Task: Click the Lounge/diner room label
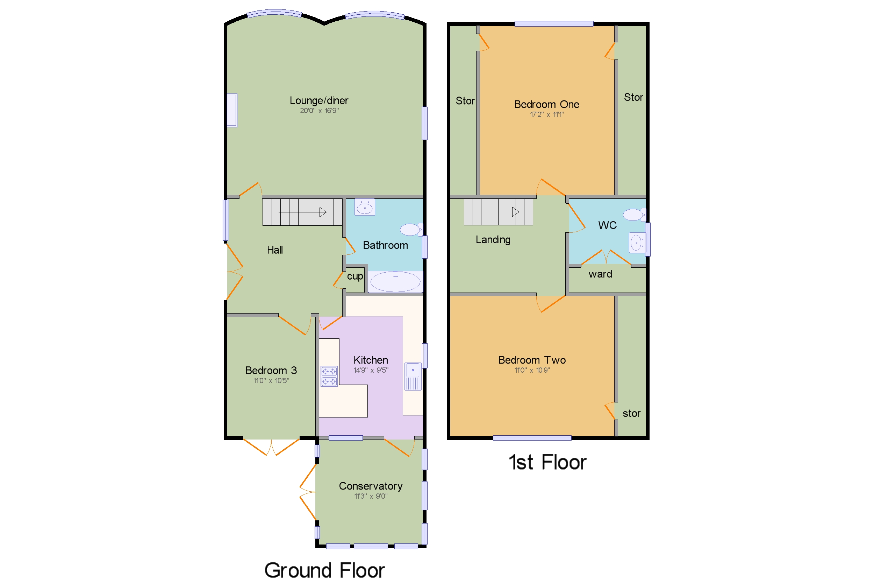pos(319,100)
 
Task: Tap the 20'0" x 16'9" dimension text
pos(319,111)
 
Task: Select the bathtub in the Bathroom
pos(395,281)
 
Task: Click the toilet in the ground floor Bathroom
pos(410,230)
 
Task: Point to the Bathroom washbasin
pos(364,208)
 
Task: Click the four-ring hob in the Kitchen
pos(329,376)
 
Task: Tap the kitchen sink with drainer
pos(412,376)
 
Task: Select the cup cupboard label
pos(355,276)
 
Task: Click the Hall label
pos(275,250)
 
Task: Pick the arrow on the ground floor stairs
pos(322,212)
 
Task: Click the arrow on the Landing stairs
pos(515,212)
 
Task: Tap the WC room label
pos(607,225)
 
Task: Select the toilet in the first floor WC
pos(634,215)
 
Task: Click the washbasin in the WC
pos(637,243)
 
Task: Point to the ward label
pos(600,274)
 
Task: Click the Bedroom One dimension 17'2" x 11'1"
pos(546,114)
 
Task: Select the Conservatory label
pos(370,486)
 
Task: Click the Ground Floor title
pos(324,570)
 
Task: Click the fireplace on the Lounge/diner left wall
pos(232,111)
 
